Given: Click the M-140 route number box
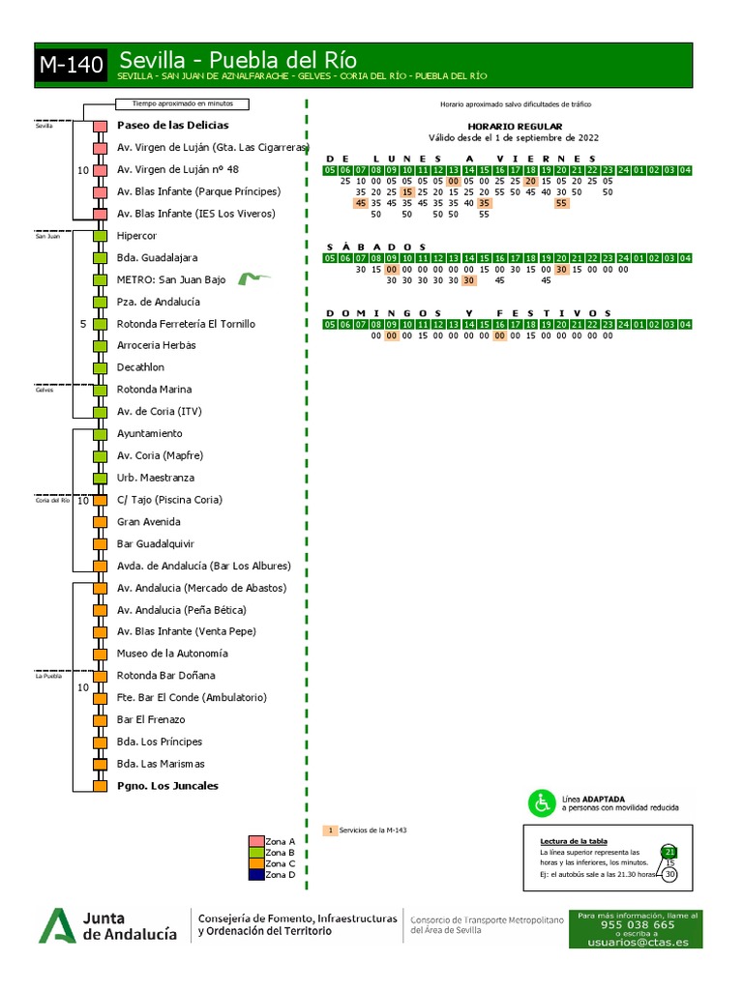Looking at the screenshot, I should coord(71,66).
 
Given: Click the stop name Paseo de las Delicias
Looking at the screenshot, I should coord(172,126).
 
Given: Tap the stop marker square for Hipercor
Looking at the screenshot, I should coord(100,236).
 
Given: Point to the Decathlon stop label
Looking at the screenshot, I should coord(140,367).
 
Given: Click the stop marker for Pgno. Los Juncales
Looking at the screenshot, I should coord(100,786).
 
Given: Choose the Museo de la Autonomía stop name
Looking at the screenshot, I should coord(172,654).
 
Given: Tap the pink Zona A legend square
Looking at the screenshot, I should coord(256,841).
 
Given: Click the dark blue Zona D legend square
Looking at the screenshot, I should coord(256,874).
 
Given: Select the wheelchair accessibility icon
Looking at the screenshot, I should coord(540,802).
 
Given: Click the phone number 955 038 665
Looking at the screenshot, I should coord(638,924).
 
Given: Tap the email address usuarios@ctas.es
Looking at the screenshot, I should coord(638,942).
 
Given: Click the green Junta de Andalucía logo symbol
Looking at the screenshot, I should coord(57,925).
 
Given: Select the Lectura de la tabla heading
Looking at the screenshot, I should coord(574,841).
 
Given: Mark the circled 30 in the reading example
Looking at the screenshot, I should coord(669,874).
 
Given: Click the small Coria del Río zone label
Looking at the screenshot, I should coord(52,501).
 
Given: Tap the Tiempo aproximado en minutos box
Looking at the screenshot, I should coord(182,104).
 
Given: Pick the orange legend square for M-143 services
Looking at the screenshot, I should coord(330,830).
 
